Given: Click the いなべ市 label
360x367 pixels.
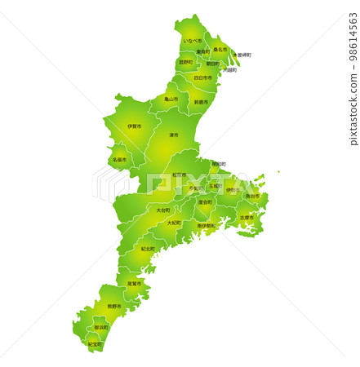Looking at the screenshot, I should (x=193, y=41).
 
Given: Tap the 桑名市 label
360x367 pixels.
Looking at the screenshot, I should (x=220, y=49).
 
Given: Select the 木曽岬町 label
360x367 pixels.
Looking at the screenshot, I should (x=242, y=55).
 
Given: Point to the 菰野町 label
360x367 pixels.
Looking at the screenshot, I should (x=186, y=62).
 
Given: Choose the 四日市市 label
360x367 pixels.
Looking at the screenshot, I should (x=202, y=78).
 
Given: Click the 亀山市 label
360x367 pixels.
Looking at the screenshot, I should (x=171, y=99).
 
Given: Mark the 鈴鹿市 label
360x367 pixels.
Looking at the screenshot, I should (x=201, y=102).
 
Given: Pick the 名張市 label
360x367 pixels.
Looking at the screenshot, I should (x=120, y=160).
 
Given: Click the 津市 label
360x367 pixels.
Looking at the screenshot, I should (x=174, y=135).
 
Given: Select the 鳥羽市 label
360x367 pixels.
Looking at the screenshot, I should (x=253, y=196).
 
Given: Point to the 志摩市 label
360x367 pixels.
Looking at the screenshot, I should (x=247, y=218).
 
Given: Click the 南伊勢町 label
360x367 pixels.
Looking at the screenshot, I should (x=207, y=225).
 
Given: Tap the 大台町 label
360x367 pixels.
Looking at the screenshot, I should (x=163, y=210).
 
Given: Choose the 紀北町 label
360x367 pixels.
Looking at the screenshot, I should (x=148, y=249).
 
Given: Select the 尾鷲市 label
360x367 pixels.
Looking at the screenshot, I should (x=134, y=284).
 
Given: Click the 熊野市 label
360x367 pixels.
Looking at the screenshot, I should (x=114, y=307).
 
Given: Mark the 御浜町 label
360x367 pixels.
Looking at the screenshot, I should (x=101, y=327).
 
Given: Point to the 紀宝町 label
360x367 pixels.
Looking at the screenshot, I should (x=95, y=344).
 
